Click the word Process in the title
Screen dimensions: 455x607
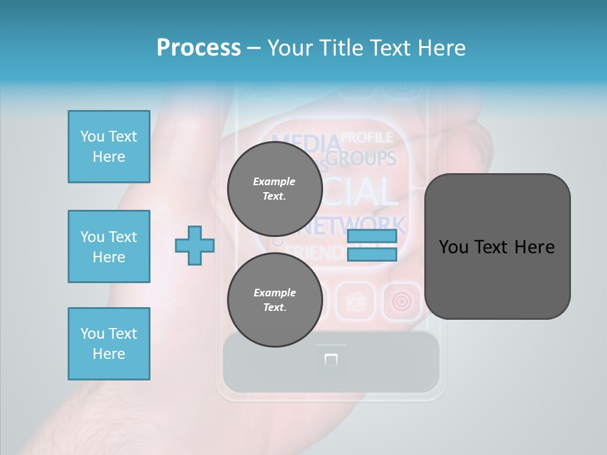click(x=199, y=47)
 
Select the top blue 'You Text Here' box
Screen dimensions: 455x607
click(x=109, y=147)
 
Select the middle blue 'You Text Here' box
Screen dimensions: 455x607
click(x=109, y=246)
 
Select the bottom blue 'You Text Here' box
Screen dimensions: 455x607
click(x=109, y=343)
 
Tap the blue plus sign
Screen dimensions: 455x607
click(x=195, y=245)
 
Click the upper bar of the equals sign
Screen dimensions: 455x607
click(x=372, y=236)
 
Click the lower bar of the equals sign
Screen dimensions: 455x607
click(x=372, y=254)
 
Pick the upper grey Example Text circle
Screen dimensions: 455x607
click(x=274, y=188)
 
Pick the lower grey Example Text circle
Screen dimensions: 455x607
click(x=274, y=300)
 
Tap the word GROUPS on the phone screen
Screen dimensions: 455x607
click(x=367, y=158)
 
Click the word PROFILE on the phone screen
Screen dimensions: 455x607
click(x=367, y=137)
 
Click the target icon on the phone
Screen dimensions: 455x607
click(x=402, y=301)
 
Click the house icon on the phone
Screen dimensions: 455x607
click(x=356, y=301)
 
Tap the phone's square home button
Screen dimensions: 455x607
click(x=331, y=360)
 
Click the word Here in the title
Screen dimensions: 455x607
click(x=441, y=47)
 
